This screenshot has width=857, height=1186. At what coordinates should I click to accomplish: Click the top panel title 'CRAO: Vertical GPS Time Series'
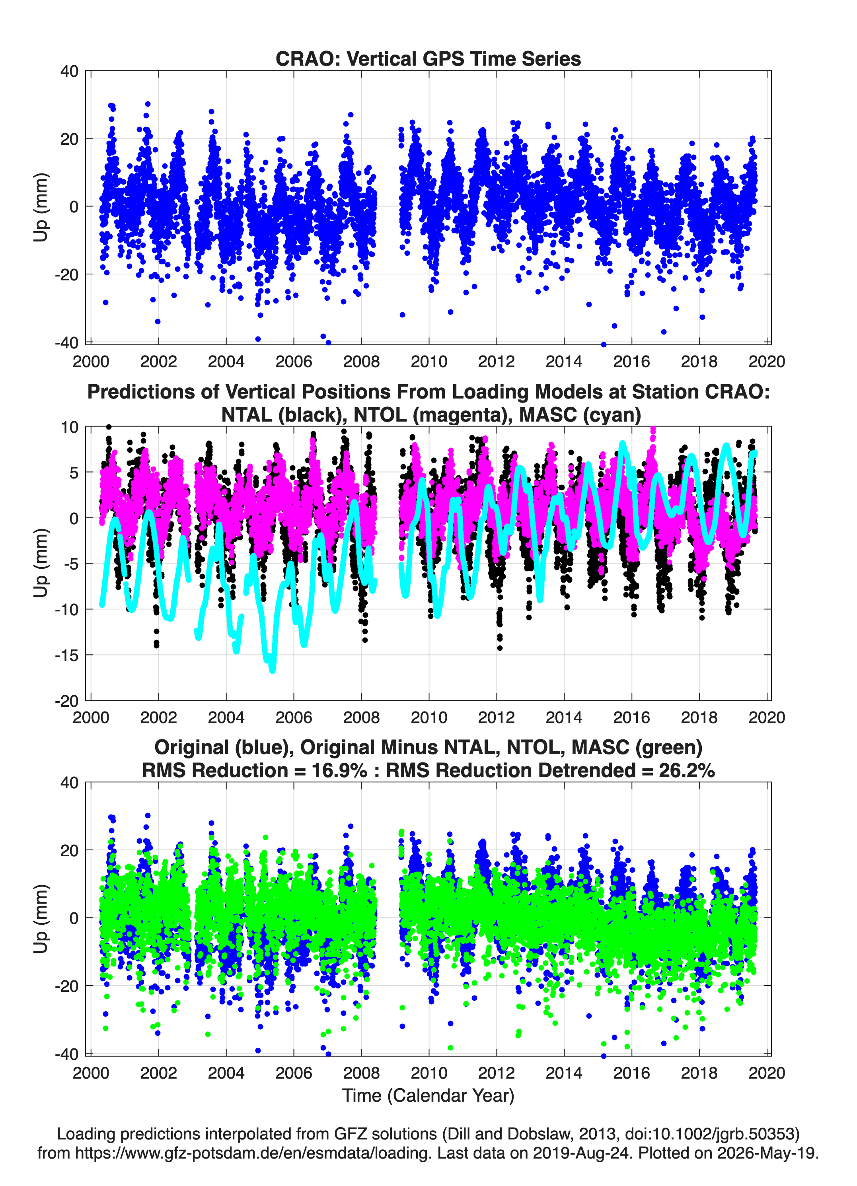(x=428, y=58)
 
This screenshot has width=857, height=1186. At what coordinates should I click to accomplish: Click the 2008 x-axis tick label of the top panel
(x=361, y=362)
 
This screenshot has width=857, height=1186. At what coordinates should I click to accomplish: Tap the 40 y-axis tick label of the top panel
(x=70, y=71)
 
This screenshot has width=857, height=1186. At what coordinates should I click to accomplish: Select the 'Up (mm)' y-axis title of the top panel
(x=40, y=207)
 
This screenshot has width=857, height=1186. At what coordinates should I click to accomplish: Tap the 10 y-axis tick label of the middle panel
(x=70, y=427)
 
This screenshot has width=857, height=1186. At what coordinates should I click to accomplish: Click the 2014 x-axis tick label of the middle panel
(x=564, y=717)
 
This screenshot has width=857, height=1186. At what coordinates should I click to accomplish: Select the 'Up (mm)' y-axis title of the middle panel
(x=40, y=563)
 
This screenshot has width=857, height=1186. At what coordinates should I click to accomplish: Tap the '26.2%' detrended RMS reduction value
(x=687, y=770)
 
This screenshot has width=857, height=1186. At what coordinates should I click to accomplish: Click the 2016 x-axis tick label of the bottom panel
(x=631, y=1073)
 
